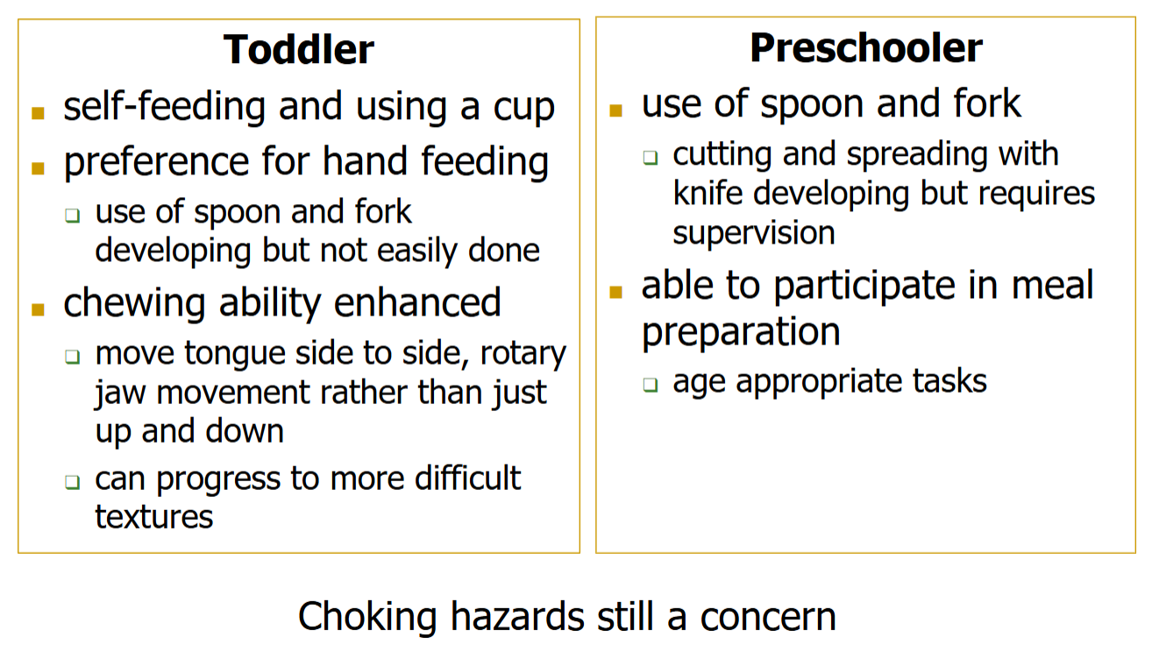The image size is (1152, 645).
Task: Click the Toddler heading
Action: click(x=299, y=49)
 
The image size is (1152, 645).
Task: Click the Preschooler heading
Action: click(x=865, y=47)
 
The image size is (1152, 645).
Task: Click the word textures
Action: click(x=153, y=517)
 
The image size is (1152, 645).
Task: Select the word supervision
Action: click(x=753, y=233)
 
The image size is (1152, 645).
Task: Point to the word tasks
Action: click(x=949, y=382)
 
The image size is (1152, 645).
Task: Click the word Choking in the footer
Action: click(x=367, y=617)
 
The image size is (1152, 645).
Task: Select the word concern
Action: click(x=768, y=617)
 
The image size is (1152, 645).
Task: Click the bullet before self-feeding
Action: click(x=38, y=113)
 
